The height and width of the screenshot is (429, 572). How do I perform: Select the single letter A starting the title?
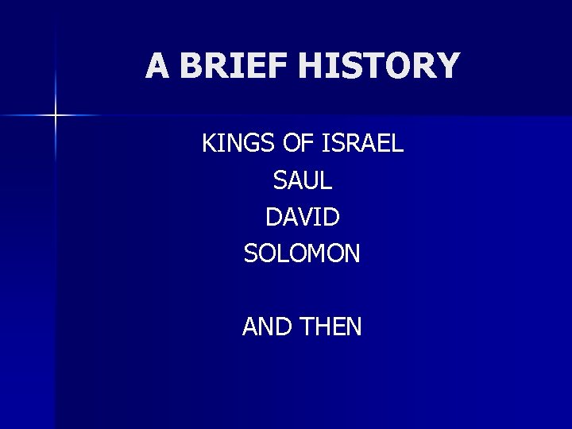[157, 66]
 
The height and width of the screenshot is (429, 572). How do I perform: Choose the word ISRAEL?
[364, 144]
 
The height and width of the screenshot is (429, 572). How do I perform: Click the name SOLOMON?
[302, 254]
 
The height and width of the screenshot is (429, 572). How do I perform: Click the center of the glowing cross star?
[56, 116]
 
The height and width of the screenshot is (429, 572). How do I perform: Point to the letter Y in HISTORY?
[447, 66]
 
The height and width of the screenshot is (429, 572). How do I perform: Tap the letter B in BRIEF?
[191, 66]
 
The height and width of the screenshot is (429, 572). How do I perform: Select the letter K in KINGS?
[210, 144]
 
